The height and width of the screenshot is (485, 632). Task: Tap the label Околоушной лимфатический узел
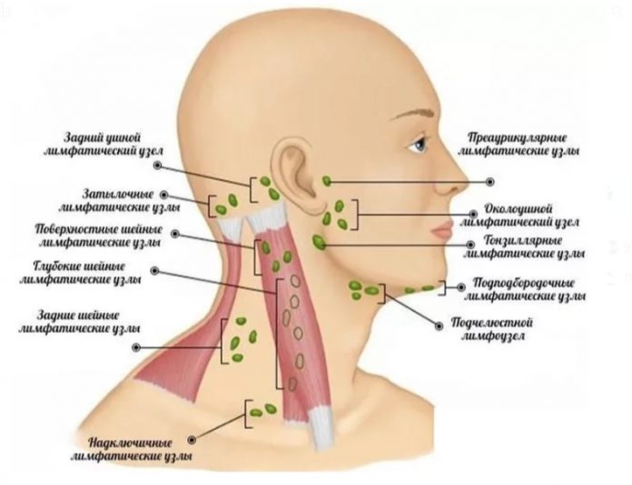[519, 214]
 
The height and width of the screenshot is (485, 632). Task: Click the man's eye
[419, 142]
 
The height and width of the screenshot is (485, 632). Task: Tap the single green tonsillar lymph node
[321, 242]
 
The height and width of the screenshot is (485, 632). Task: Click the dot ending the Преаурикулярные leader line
[491, 181]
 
